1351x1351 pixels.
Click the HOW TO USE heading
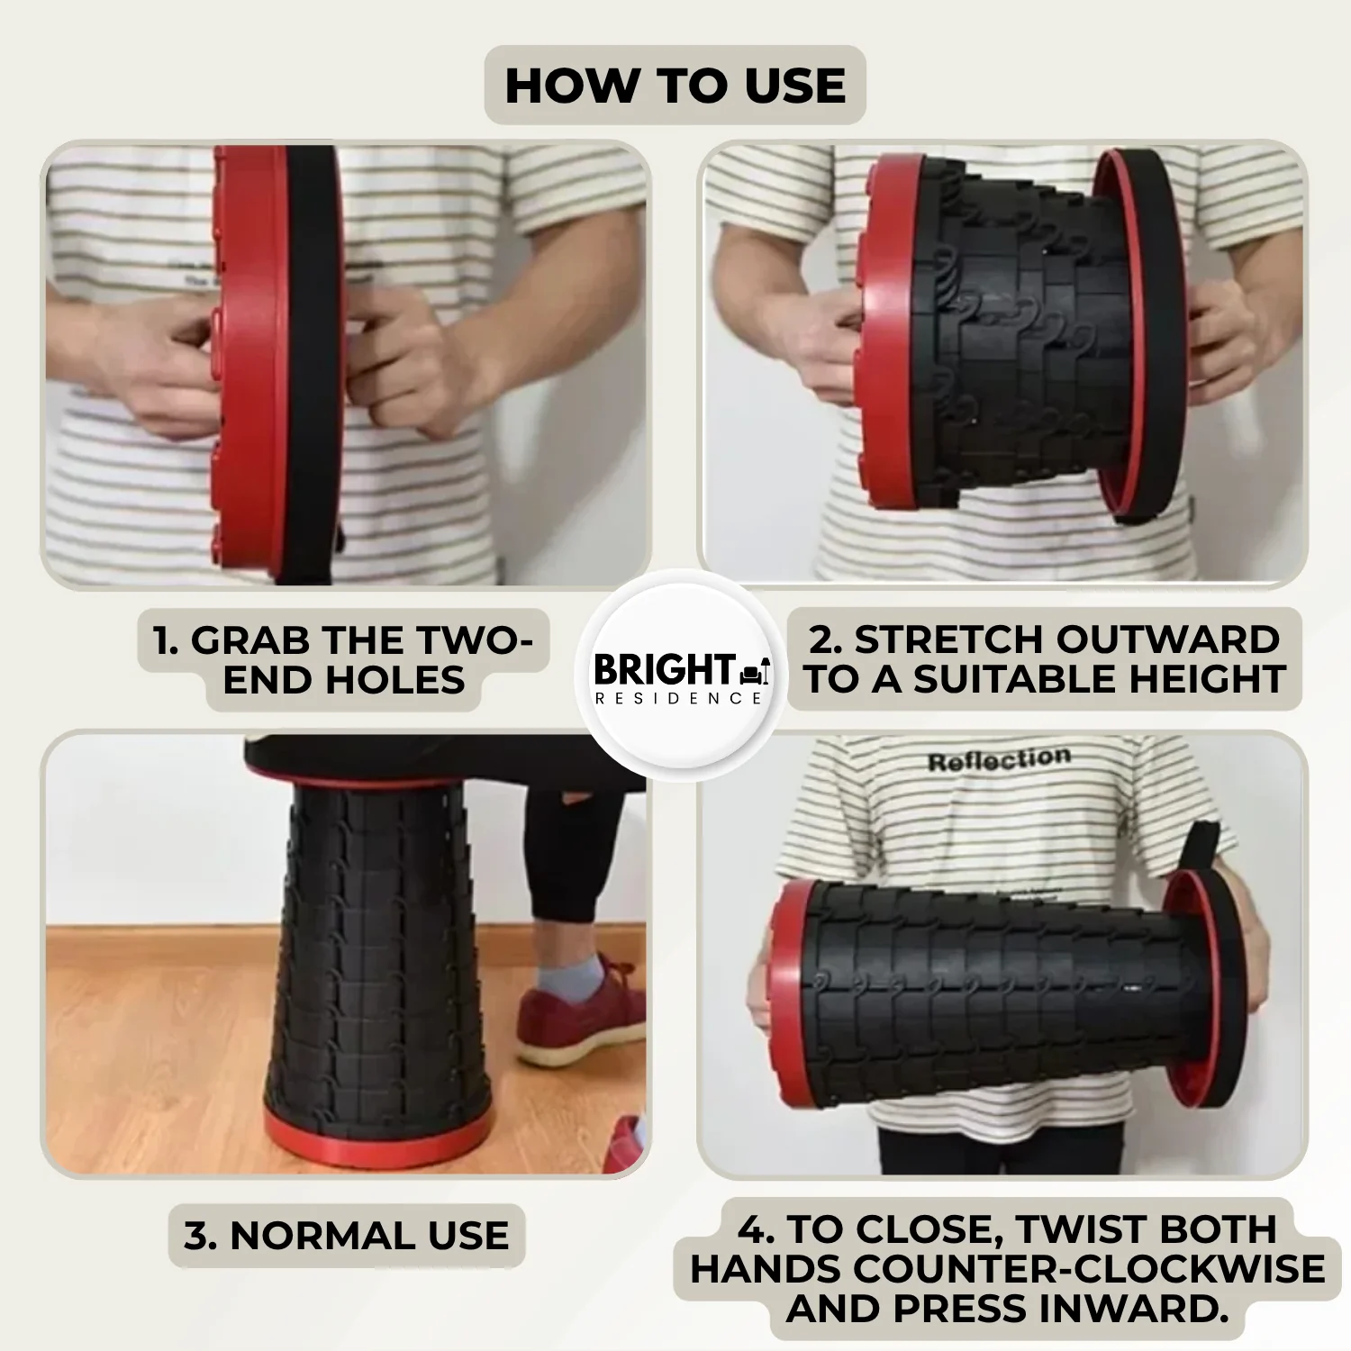pos(675,86)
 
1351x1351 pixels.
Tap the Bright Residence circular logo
pos(680,676)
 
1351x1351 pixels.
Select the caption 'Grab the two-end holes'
pos(343,660)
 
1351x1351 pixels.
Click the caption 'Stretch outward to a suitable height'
pos(1044,659)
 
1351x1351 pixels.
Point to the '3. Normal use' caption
pos(347,1236)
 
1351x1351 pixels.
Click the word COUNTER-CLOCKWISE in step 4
pos(1089,1269)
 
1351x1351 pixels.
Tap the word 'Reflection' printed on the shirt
pos(999,760)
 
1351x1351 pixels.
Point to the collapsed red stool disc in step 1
pos(252,360)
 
